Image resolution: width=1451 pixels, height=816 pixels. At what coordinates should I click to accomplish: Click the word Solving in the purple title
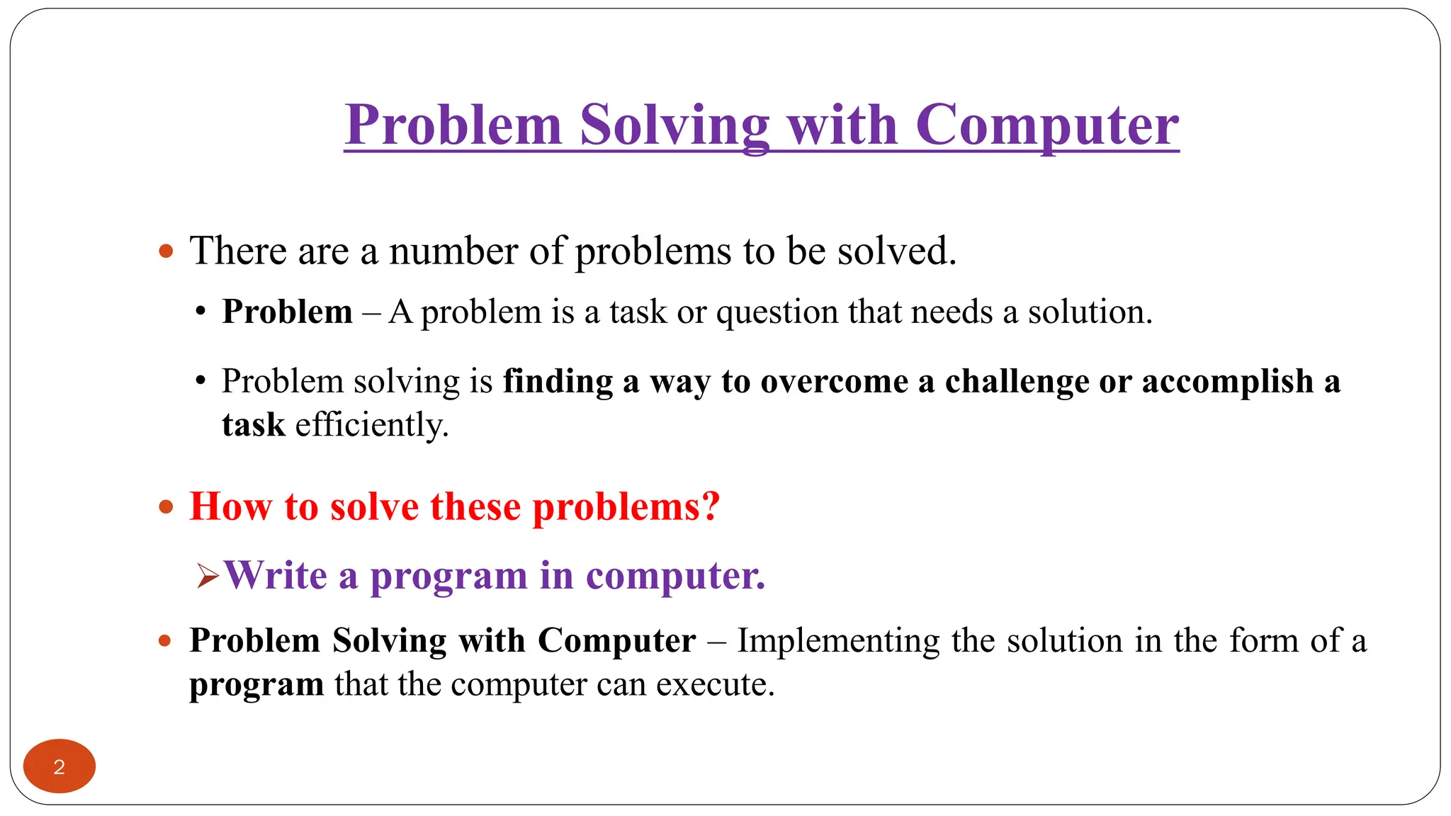pyautogui.click(x=674, y=125)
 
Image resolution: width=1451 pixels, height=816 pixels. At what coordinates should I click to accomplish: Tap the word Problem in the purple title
pyautogui.click(x=453, y=125)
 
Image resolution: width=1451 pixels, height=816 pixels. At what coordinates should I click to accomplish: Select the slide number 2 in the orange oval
pyautogui.click(x=60, y=767)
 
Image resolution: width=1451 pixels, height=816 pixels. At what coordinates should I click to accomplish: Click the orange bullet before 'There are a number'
pyautogui.click(x=166, y=251)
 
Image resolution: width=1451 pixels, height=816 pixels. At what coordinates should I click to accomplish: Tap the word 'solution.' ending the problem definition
pyautogui.click(x=1090, y=312)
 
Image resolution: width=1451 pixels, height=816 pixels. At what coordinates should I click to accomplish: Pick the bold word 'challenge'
pyautogui.click(x=1017, y=382)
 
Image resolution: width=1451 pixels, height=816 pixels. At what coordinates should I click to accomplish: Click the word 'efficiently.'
pyautogui.click(x=372, y=426)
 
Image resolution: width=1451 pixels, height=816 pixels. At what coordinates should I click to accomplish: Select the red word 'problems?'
pyautogui.click(x=626, y=507)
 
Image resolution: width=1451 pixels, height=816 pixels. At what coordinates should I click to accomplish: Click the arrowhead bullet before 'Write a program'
pyautogui.click(x=208, y=577)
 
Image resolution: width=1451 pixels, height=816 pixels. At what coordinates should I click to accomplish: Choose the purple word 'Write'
pyautogui.click(x=276, y=575)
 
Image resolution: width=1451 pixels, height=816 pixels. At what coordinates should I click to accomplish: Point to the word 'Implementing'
pyautogui.click(x=838, y=641)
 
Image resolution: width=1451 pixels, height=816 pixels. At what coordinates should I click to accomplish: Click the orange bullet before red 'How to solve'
pyautogui.click(x=166, y=507)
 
